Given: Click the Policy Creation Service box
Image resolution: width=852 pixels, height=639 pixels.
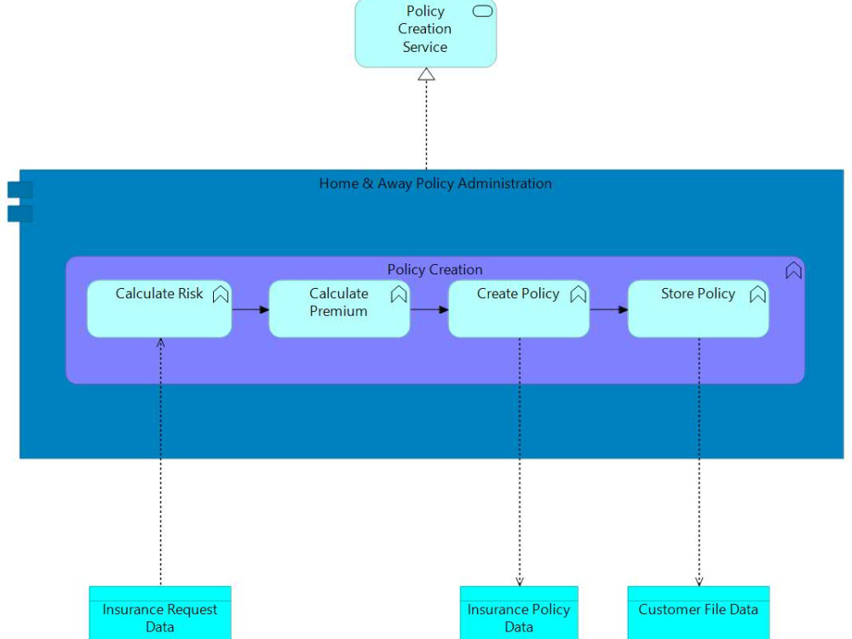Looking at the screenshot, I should tap(425, 34).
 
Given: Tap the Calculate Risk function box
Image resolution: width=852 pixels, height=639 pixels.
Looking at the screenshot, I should tap(159, 309).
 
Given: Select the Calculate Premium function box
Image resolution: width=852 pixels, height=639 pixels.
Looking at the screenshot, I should tap(339, 309).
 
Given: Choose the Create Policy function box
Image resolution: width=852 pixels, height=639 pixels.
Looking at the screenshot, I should tap(518, 309).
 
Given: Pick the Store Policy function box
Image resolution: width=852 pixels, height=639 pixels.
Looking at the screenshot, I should tap(698, 309).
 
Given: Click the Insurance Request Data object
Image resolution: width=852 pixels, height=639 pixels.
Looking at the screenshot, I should tap(160, 613).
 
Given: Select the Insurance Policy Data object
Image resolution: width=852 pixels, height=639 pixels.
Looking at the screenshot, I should tap(519, 613).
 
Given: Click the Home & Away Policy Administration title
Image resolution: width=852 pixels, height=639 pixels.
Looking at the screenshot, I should tap(435, 183).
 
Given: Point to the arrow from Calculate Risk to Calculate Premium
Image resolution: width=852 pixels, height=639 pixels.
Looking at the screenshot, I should tap(250, 309).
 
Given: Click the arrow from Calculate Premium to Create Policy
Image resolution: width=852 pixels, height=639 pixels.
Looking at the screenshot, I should tap(429, 309).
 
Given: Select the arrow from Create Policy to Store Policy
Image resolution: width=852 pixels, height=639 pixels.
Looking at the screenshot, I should tap(608, 309).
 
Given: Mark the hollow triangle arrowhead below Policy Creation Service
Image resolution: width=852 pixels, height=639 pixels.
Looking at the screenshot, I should tap(426, 74).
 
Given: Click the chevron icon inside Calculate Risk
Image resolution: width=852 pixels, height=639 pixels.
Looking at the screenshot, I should tap(221, 295).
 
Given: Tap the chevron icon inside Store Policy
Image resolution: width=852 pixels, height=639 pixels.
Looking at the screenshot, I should tap(757, 295).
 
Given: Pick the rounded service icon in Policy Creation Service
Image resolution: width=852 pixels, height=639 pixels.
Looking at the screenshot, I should tap(482, 11).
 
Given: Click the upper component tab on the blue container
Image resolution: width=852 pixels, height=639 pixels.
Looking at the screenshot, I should tap(20, 189).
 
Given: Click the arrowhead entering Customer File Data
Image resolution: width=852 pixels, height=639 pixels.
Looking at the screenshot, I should tap(699, 582).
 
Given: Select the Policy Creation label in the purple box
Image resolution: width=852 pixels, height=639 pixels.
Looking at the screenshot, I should tap(435, 269).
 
